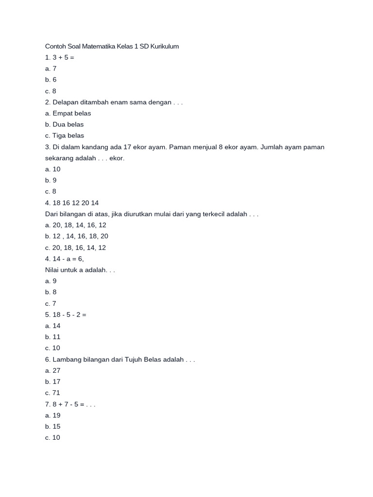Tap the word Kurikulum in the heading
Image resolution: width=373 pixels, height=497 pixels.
[x=165, y=47]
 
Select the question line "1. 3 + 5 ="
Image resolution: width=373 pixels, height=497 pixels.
[x=60, y=57]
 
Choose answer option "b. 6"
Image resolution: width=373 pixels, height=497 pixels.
[x=51, y=80]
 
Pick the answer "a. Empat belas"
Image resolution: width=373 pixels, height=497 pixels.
[x=68, y=113]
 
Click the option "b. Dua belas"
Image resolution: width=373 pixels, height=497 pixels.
[x=65, y=124]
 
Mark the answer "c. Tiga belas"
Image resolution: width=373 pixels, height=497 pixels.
[x=65, y=135]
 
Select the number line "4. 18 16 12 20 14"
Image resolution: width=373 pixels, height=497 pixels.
[x=72, y=203]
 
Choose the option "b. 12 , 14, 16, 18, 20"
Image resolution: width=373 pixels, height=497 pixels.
[x=77, y=236]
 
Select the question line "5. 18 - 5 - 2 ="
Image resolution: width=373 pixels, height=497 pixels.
[x=66, y=315]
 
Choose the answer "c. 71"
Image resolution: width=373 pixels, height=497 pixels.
[x=52, y=393]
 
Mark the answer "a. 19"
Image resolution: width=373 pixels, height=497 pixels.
[x=52, y=415]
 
